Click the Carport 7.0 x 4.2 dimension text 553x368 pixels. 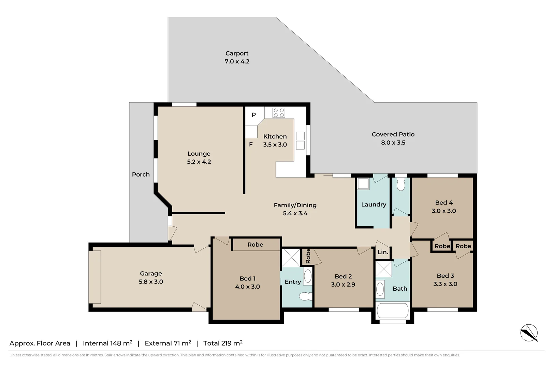pos(237,62)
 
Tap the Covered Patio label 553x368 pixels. pos(393,134)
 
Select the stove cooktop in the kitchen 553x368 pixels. pos(279,113)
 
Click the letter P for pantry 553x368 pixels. pos(253,115)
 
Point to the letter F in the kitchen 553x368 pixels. pos(251,144)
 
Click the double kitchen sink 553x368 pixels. pos(300,141)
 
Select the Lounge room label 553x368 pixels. pos(199,154)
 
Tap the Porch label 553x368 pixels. pos(141,174)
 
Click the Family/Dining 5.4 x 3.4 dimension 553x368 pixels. pos(295,213)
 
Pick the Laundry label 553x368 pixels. pos(374,204)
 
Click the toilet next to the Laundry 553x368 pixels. pos(401,184)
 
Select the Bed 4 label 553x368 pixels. pos(443,203)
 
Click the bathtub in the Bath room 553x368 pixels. pos(392,311)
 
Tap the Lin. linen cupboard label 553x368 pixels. pos(383,252)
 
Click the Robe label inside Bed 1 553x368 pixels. pos(255,245)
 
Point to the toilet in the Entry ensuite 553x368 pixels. pos(305,296)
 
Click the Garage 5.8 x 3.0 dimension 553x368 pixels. pos(151,282)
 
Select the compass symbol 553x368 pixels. pos(529,333)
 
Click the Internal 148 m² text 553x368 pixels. pos(107,343)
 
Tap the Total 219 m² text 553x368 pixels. pos(223,343)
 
